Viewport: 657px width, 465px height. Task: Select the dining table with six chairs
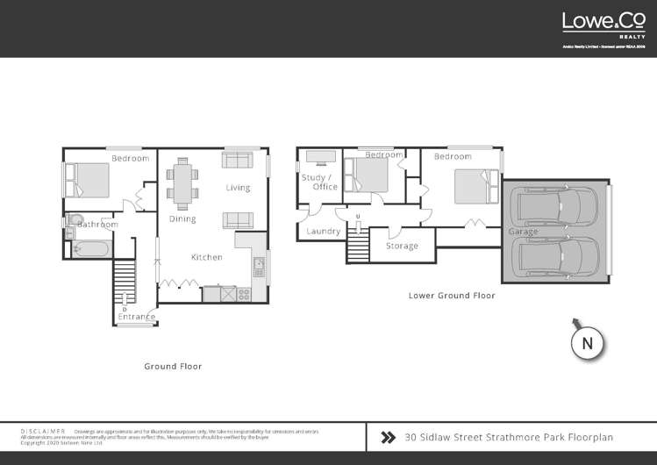coord(182,182)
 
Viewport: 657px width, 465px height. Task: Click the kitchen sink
coord(259,264)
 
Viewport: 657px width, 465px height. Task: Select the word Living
coord(238,188)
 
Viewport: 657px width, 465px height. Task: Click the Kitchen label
coord(207,257)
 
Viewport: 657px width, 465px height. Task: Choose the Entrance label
coord(137,317)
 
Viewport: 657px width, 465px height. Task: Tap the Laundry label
coord(324,231)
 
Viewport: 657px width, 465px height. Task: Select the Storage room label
coord(402,247)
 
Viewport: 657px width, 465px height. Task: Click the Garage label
coord(523,232)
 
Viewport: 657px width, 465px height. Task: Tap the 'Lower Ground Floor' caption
coord(452,296)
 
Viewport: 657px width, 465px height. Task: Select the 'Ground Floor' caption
coord(173,366)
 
